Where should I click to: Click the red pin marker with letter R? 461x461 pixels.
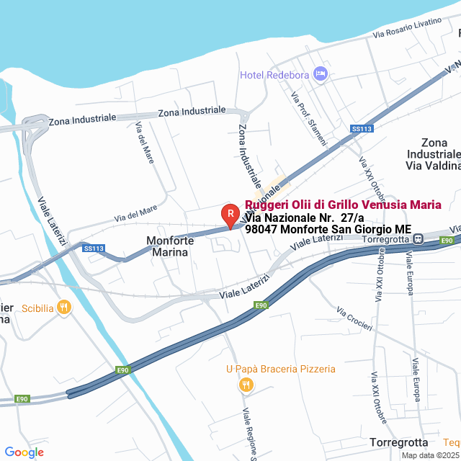(230, 214)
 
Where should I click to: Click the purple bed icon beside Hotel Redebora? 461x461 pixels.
(321, 73)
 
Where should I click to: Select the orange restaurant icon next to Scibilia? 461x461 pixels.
(64, 308)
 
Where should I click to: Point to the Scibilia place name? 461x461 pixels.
(38, 308)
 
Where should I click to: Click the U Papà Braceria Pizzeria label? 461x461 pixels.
(280, 369)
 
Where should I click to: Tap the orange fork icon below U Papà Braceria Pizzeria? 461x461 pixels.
(246, 385)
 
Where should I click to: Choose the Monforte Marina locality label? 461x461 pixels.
(170, 246)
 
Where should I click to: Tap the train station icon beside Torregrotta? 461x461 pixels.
(417, 239)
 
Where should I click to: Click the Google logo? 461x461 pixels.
(24, 452)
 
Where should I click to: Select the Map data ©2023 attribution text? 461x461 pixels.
(430, 455)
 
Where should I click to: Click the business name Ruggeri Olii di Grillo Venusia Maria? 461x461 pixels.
(343, 205)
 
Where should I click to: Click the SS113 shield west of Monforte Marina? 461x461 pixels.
(94, 249)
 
